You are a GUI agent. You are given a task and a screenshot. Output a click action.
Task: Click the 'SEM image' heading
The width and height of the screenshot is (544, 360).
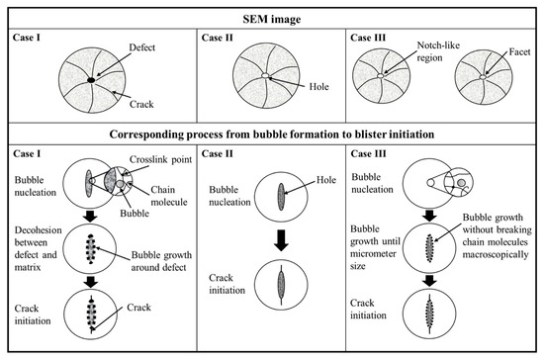[x=272, y=19]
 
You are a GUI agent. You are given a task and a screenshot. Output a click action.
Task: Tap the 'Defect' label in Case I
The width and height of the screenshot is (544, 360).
[x=141, y=47]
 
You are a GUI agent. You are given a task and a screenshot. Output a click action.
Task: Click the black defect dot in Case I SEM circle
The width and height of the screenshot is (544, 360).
[x=91, y=80]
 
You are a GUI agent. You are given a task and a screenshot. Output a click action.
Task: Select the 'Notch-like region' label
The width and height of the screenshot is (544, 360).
[x=438, y=51]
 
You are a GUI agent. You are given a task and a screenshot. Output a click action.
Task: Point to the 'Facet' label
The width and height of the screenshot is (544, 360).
[x=519, y=52]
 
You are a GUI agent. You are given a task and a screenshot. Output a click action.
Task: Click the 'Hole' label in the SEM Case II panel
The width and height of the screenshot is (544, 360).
[x=318, y=86]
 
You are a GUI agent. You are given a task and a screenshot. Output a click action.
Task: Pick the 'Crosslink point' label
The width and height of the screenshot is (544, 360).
[x=160, y=159]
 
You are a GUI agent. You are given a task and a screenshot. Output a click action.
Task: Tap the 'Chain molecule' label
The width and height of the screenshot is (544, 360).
[x=169, y=196]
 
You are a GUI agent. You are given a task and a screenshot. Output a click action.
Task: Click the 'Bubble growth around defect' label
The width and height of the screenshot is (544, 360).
[x=161, y=261]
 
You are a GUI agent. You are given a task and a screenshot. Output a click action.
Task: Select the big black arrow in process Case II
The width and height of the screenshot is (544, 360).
[x=281, y=240]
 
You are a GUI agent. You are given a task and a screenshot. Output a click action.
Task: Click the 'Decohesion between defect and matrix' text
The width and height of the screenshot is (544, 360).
[x=38, y=248]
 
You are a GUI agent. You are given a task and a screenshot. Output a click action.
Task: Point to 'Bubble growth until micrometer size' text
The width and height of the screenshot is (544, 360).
[x=375, y=247]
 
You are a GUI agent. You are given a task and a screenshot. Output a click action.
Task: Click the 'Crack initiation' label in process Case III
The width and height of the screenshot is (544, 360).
[x=368, y=309]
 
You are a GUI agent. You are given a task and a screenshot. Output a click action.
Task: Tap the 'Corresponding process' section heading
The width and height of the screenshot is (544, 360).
[x=272, y=135]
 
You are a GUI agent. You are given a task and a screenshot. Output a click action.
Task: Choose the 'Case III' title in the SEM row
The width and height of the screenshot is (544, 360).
[x=368, y=38]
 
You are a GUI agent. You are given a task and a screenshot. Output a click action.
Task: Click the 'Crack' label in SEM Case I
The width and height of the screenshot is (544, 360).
[x=141, y=104]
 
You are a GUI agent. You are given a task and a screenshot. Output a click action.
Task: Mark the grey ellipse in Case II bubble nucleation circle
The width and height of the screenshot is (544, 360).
[x=281, y=197]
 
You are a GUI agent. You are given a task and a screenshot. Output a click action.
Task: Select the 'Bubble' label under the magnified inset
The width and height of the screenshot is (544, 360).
[x=135, y=213]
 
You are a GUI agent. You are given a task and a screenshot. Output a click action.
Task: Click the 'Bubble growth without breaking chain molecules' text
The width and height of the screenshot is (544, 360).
[x=497, y=235]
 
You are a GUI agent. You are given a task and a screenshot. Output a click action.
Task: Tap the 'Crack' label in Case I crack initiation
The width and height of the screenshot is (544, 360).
[x=138, y=308]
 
